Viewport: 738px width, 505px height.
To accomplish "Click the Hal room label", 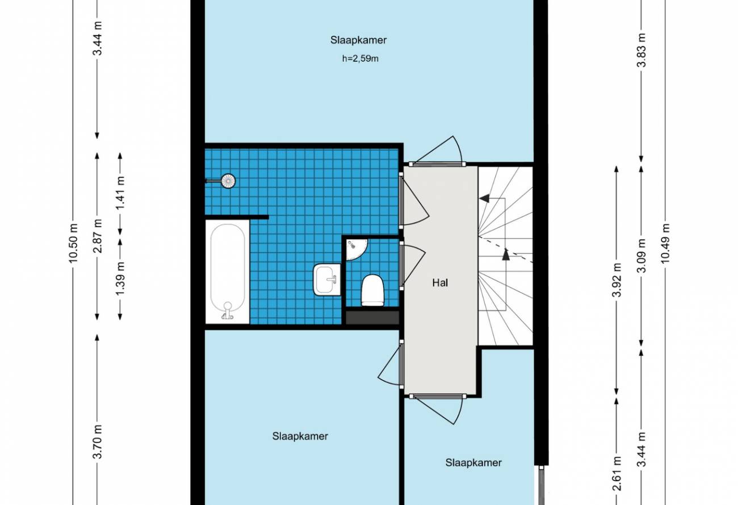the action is point(440,283).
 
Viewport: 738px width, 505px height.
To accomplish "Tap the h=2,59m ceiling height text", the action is point(360,59).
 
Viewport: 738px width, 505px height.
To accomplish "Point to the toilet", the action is point(373,290).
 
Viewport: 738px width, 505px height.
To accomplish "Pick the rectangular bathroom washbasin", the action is point(327,279).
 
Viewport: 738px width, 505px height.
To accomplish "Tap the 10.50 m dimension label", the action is point(73,243).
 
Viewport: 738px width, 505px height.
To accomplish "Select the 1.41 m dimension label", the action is point(121,193).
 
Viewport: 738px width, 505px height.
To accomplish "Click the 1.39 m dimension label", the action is point(121,279).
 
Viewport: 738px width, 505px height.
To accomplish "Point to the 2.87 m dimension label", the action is point(98,235).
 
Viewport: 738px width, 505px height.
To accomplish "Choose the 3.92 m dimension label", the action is point(617,280).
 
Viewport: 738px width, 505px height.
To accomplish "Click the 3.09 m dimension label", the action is point(641,256).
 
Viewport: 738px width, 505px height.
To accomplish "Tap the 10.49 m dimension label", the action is point(665,243).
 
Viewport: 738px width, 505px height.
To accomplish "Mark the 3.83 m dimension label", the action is point(641,51).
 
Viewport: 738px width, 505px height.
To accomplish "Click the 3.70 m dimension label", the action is point(98,442).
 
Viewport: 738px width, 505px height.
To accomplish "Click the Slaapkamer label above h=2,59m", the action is point(358,40).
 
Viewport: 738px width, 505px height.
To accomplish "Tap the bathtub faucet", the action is point(227,311).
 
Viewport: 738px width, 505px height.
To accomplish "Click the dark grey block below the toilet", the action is point(372,318).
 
